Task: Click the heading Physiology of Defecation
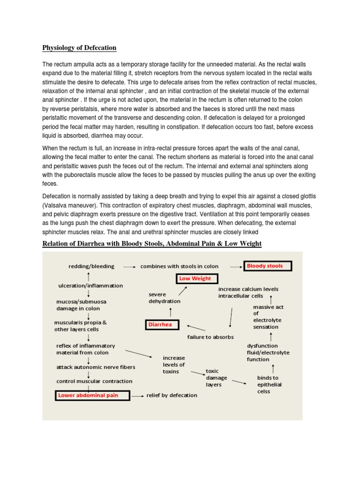pyautogui.click(x=79, y=48)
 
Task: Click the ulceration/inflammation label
pyautogui.click(x=90, y=285)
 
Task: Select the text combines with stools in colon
pyautogui.click(x=179, y=266)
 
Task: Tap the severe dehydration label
pyautogui.click(x=164, y=298)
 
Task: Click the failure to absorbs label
pyautogui.click(x=210, y=337)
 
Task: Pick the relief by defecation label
pyautogui.click(x=172, y=395)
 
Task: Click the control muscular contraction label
pyautogui.click(x=94, y=381)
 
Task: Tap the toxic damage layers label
pyautogui.click(x=217, y=377)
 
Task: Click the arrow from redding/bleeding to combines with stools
pyautogui.click(x=129, y=266)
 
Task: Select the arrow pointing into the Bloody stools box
pyautogui.click(x=236, y=266)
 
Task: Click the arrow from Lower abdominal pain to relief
pyautogui.click(x=137, y=396)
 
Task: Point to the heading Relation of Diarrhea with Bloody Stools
pyautogui.click(x=152, y=243)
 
